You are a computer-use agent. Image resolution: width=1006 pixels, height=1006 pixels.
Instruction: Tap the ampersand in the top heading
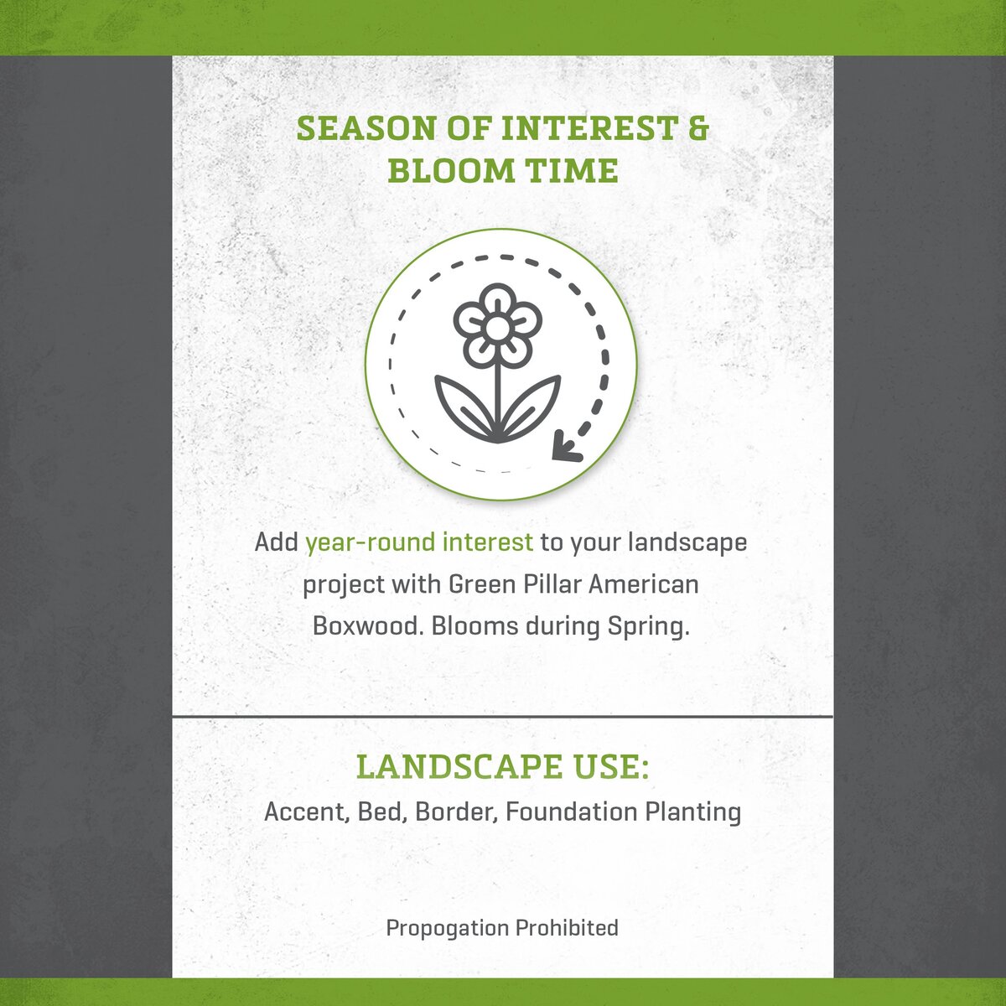pos(698,128)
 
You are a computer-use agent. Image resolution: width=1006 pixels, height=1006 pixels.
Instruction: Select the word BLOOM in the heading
pos(450,171)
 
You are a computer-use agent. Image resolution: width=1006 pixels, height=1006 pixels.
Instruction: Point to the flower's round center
pos(497,327)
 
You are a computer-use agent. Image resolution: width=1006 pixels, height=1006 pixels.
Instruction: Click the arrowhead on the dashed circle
pos(567,448)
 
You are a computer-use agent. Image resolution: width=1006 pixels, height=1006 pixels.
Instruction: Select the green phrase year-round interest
pos(419,542)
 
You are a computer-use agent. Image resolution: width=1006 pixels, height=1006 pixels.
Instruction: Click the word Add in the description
pos(276,542)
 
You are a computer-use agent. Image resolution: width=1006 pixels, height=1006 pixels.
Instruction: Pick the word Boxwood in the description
pos(368,626)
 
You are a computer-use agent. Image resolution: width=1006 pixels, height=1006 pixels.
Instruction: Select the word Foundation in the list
pos(571,812)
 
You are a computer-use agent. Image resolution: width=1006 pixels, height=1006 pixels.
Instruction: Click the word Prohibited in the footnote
pos(567,927)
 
